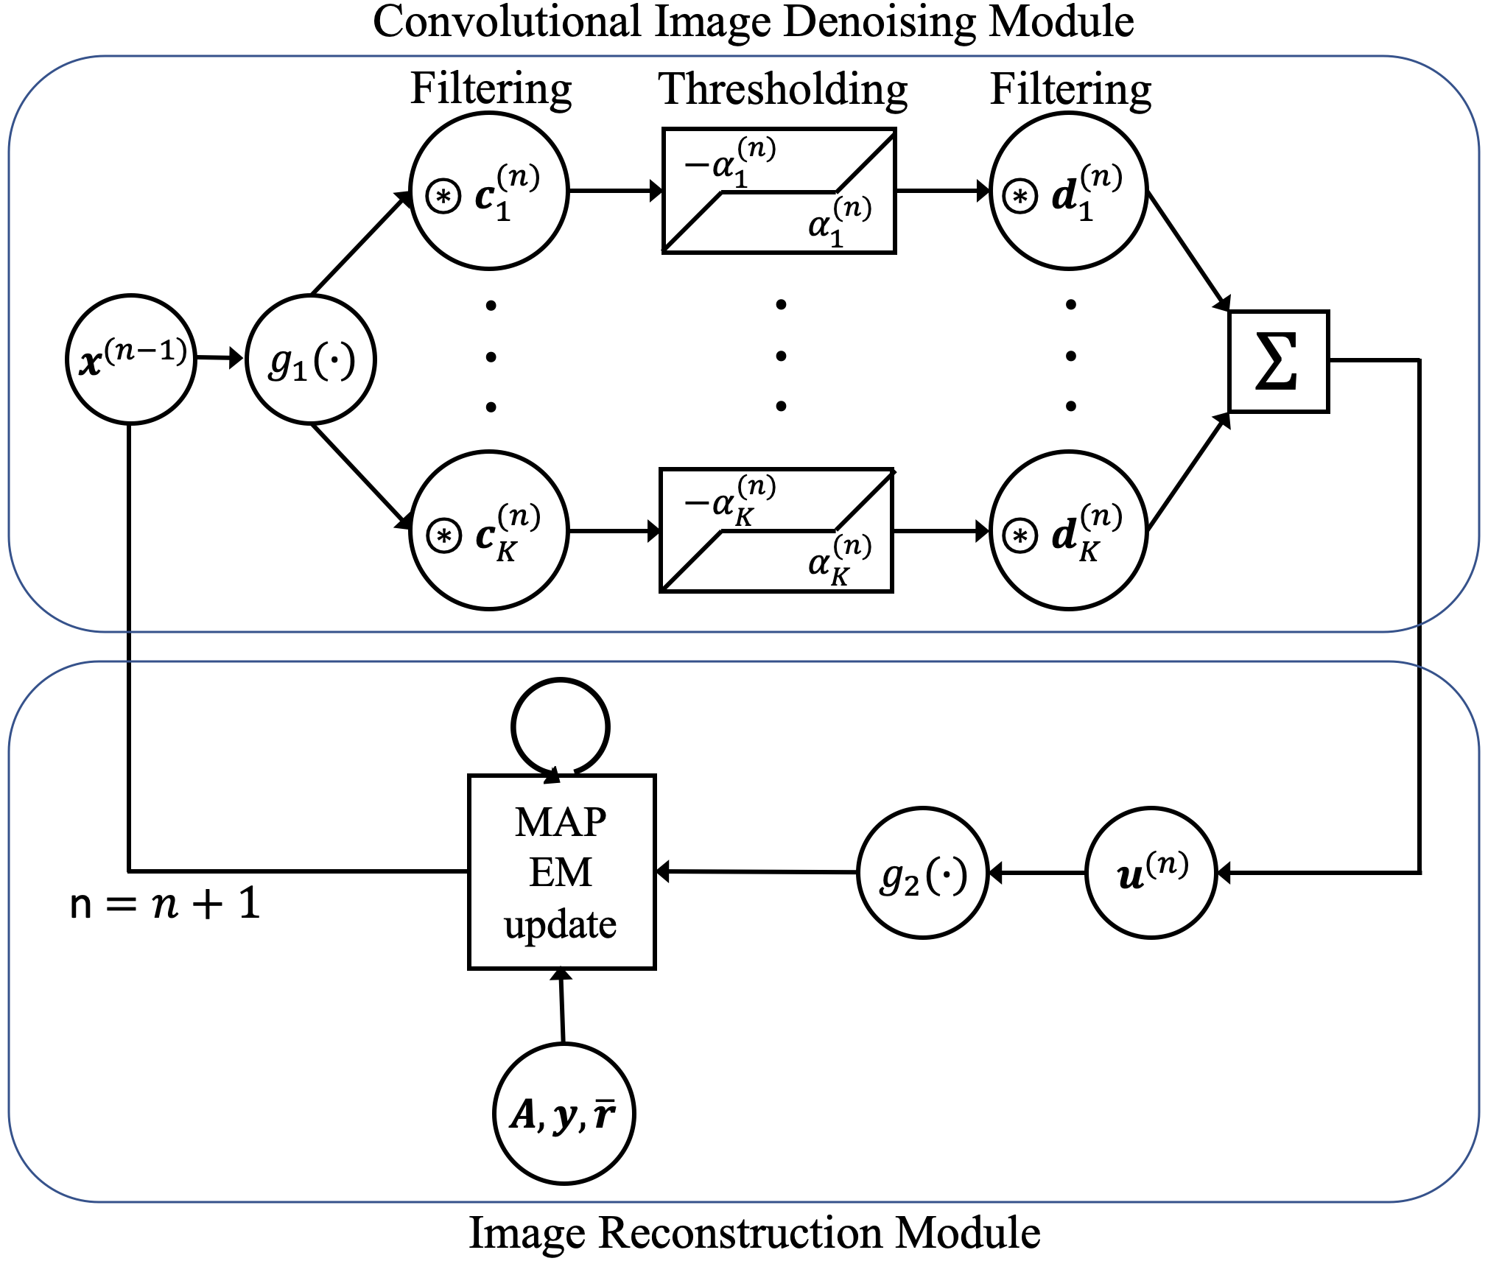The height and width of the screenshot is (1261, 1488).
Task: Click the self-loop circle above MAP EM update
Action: click(561, 680)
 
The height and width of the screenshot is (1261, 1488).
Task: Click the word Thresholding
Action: click(783, 90)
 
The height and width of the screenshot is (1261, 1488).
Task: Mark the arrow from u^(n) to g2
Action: click(1037, 873)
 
